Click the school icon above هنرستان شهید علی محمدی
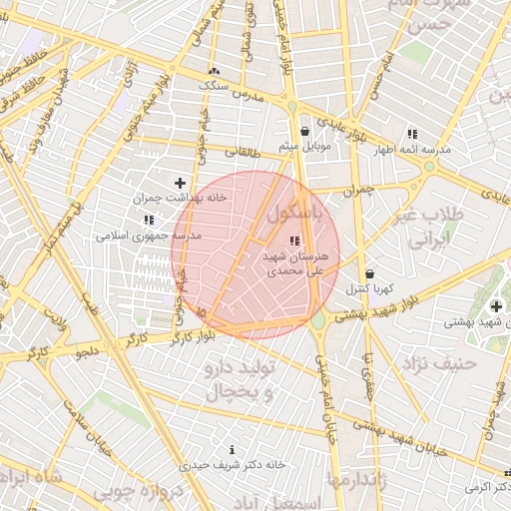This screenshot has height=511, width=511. tap(293, 241)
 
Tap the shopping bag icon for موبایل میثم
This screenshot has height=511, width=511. tap(304, 131)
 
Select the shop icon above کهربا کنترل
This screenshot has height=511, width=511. tap(369, 273)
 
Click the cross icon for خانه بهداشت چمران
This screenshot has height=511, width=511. tap(180, 183)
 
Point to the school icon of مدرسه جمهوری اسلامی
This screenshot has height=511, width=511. tap(149, 220)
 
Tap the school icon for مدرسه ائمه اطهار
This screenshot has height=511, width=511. tap(411, 134)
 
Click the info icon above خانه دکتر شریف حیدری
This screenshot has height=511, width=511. tap(233, 450)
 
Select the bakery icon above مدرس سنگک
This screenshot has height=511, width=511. tap(214, 72)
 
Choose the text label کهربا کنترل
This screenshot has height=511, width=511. tap(369, 289)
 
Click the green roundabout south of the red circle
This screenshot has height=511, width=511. tap(318, 322)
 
